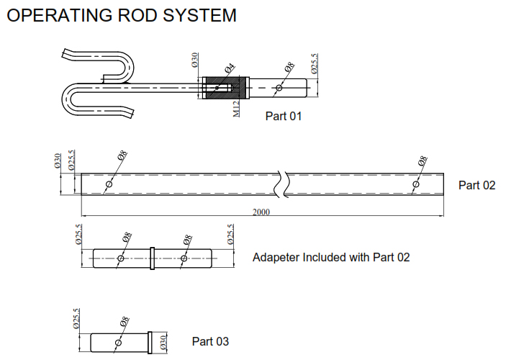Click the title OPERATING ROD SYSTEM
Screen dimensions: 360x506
121,14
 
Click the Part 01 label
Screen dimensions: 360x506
284,116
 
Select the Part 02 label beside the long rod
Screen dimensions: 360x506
476,185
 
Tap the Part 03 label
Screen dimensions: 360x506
210,341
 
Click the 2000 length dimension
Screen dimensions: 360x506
262,212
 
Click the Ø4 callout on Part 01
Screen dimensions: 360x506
230,69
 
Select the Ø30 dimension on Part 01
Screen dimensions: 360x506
194,60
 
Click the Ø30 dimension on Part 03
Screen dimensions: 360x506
164,341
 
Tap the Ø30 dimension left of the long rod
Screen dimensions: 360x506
58,161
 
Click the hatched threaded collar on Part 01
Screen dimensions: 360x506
225,88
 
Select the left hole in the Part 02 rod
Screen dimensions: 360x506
109,184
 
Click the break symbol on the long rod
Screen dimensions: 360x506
282,184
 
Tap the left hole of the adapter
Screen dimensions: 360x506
120,258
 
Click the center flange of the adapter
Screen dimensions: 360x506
153,258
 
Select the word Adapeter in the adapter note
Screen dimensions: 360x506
276,257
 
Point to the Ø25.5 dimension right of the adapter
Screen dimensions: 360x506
231,235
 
